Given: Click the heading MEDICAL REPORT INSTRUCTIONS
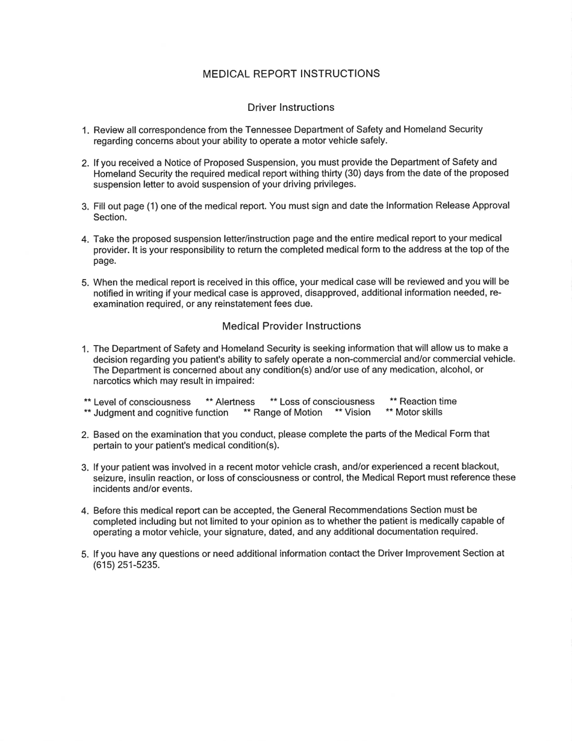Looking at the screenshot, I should [x=291, y=74].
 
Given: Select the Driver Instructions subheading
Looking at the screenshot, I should [x=291, y=107].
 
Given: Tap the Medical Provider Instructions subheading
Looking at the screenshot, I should [x=291, y=326].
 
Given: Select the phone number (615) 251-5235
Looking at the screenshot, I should [x=126, y=564].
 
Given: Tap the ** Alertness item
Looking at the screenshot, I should [x=230, y=402].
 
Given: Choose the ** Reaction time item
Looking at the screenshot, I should [x=423, y=402].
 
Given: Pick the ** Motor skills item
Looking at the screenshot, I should [x=414, y=413].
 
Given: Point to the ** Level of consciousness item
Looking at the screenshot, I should [x=137, y=402].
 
